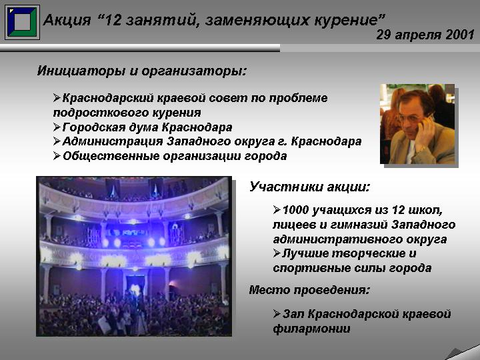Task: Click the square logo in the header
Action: (x=22, y=22)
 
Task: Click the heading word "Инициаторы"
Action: (x=81, y=71)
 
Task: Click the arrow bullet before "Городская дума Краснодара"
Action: (x=57, y=127)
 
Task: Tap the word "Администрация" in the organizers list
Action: (x=113, y=141)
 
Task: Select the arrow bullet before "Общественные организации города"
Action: (x=57, y=156)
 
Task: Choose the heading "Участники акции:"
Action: (x=309, y=187)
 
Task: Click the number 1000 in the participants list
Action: (x=295, y=210)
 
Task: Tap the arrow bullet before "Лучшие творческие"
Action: (x=277, y=253)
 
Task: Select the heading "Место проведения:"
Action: (x=309, y=290)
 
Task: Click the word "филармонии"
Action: (x=311, y=329)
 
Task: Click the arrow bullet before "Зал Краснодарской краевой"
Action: (x=277, y=314)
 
